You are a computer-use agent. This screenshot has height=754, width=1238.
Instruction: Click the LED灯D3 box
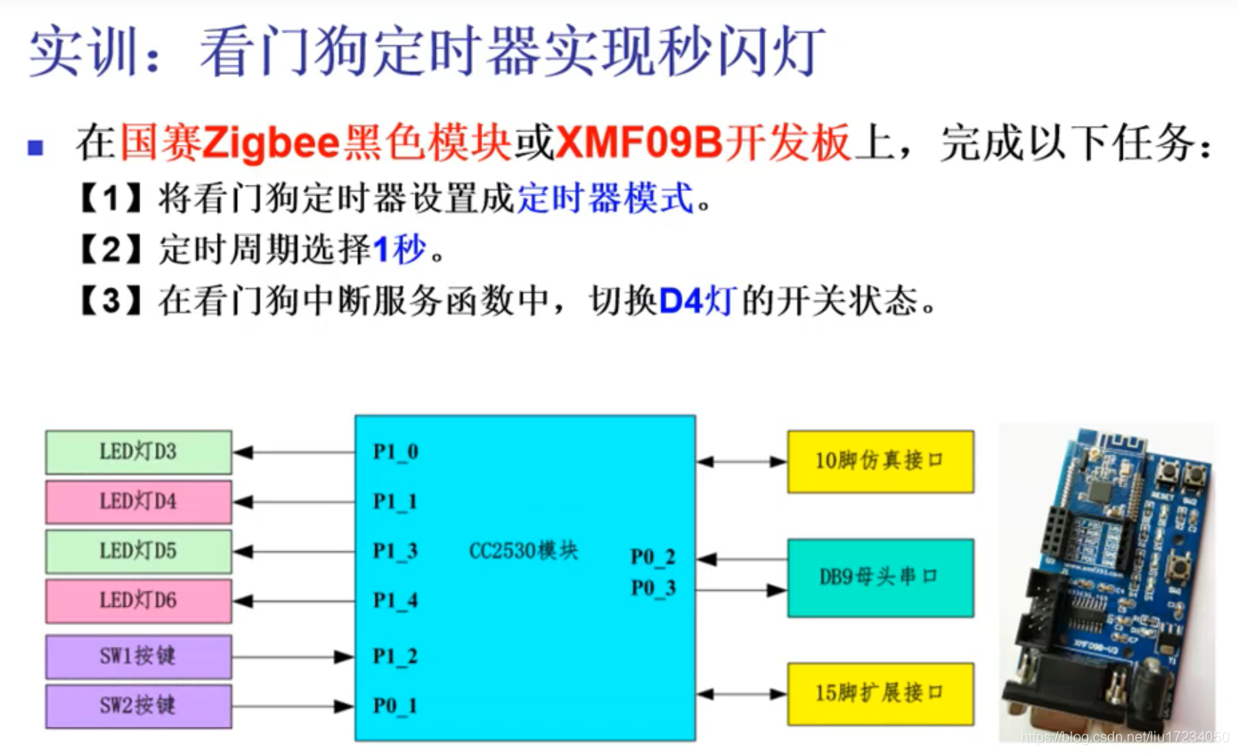[139, 452]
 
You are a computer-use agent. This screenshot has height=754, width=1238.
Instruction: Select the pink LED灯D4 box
[139, 502]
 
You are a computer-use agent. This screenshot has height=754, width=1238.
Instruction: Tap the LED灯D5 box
[139, 551]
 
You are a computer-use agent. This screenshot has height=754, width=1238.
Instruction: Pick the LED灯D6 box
[139, 601]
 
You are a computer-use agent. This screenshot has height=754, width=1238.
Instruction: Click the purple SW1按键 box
[139, 657]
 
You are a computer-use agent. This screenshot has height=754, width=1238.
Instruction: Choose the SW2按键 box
[139, 706]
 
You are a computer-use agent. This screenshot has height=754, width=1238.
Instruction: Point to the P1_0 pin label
[395, 452]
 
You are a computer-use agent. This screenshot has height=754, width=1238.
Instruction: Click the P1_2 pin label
[395, 657]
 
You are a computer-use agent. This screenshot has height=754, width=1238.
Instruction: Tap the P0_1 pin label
[395, 707]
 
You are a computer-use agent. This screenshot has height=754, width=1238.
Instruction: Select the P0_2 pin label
[653, 558]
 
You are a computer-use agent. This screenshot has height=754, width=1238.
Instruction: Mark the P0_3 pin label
[653, 588]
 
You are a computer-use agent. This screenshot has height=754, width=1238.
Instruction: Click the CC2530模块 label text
[524, 551]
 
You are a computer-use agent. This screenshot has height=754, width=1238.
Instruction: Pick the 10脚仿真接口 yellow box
[880, 461]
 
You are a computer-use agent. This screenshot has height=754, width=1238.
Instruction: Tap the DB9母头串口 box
[880, 578]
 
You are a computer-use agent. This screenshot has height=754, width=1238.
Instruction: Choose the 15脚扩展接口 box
[880, 693]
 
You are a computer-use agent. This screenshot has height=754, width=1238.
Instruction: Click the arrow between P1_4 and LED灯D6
[294, 602]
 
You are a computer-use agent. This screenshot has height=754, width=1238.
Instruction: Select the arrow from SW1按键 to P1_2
[294, 657]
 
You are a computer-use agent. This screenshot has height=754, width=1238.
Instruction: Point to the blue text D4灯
[696, 303]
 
